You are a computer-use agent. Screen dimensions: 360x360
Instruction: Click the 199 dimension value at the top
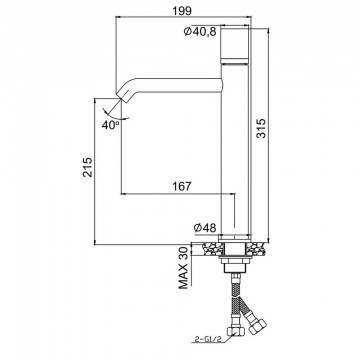click(x=183, y=10)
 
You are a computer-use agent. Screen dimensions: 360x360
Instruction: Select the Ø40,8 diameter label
click(x=200, y=32)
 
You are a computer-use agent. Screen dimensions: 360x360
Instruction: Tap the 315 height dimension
click(x=261, y=128)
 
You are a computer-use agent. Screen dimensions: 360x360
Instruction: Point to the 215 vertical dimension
click(x=87, y=167)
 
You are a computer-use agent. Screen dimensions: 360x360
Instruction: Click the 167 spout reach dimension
click(x=182, y=186)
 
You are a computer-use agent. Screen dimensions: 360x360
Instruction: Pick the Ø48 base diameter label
click(x=205, y=228)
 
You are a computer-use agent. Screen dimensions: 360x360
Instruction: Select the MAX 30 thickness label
click(x=184, y=269)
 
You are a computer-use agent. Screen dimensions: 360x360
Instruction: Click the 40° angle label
click(x=111, y=125)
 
